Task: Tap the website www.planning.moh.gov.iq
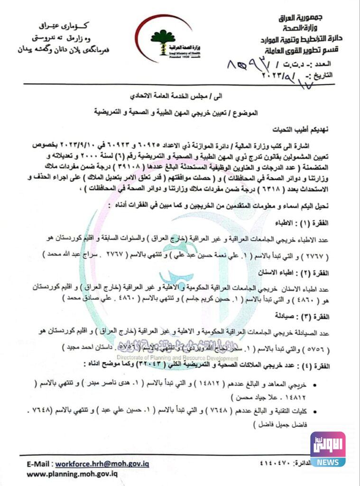pyautogui.click(x=72, y=474)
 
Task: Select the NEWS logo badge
pyautogui.click(x=328, y=449)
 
